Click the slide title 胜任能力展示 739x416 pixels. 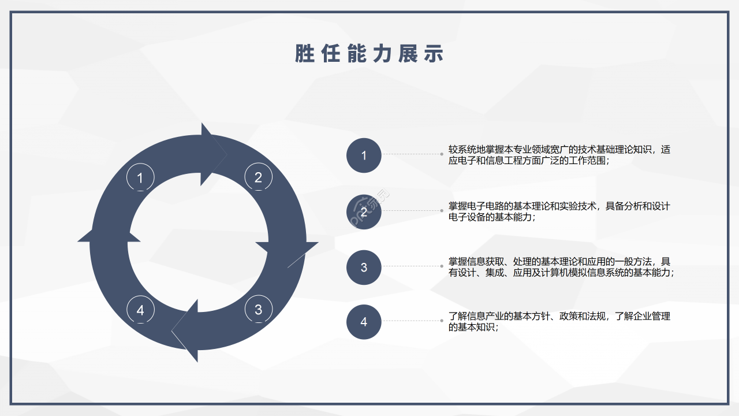(369, 54)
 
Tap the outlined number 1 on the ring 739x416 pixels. (140, 177)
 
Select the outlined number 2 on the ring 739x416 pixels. (258, 177)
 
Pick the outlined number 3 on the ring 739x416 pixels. (259, 309)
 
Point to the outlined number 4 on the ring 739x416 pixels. (140, 310)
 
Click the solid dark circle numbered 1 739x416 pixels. (364, 155)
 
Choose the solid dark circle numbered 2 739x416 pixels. (364, 211)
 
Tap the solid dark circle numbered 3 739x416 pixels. (364, 267)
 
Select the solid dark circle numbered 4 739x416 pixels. (364, 322)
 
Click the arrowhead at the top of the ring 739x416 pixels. (214, 154)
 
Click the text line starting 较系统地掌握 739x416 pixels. (559, 150)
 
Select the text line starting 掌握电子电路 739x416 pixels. (559, 206)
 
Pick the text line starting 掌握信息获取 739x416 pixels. (559, 262)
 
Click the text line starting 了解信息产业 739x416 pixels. (559, 316)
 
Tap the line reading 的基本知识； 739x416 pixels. (473, 327)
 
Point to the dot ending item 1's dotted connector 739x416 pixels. (442, 154)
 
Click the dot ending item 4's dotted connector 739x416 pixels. (442, 321)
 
